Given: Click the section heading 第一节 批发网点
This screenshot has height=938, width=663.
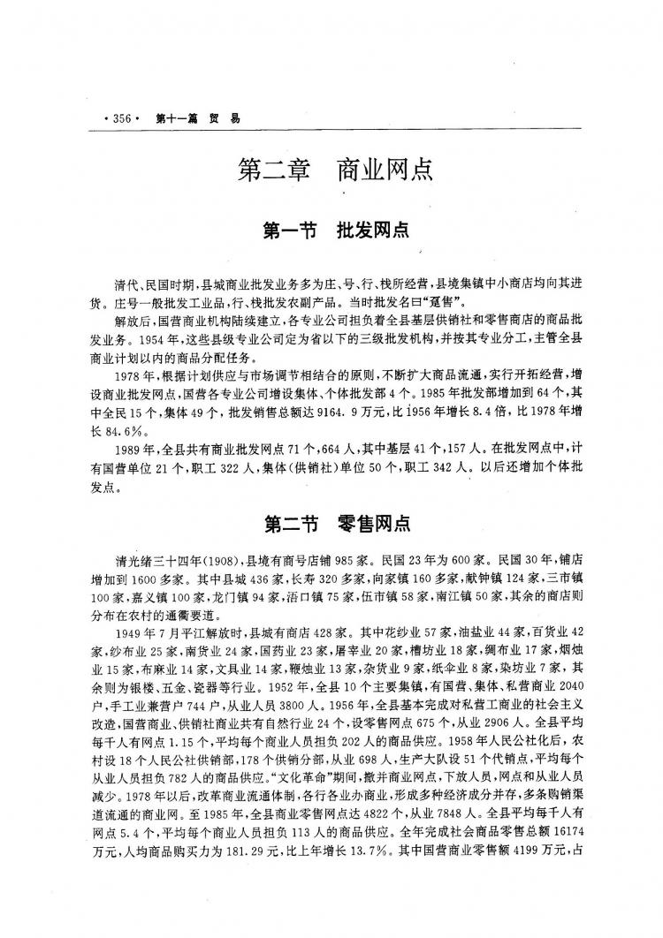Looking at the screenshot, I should coord(335,231).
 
